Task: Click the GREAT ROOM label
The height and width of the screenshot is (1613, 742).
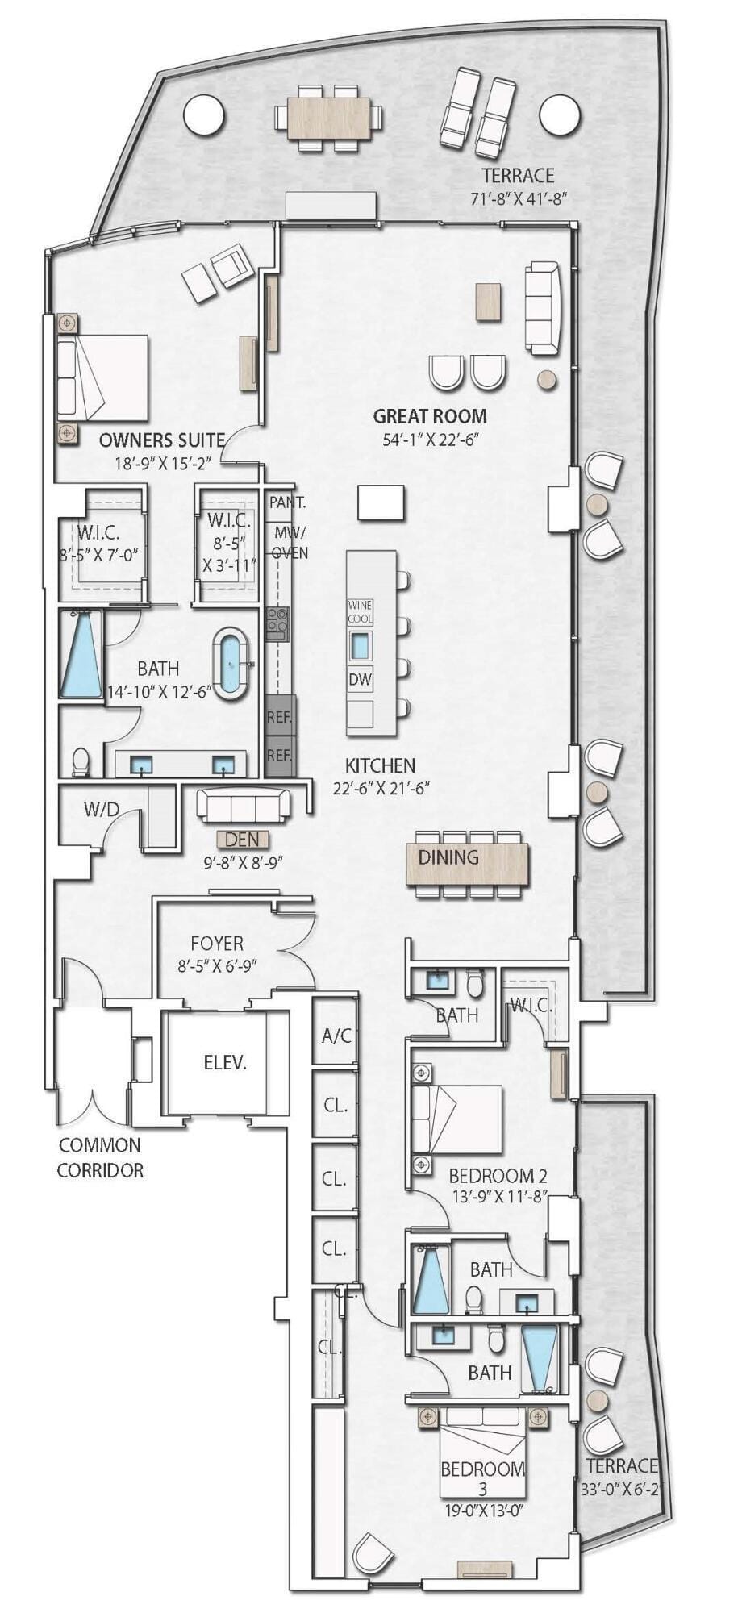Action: click(430, 416)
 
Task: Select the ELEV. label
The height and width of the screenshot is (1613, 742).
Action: click(225, 1062)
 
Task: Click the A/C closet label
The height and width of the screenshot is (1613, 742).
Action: click(336, 1036)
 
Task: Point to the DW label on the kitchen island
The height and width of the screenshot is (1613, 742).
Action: click(361, 679)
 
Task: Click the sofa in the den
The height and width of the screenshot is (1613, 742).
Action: click(243, 806)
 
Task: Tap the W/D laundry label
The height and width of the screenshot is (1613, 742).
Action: click(100, 809)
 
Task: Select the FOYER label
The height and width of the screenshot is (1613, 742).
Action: click(217, 943)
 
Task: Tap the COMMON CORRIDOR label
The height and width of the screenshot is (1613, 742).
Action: click(100, 1157)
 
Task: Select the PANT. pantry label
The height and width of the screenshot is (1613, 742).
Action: click(287, 502)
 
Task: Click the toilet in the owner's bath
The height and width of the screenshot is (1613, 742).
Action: click(81, 761)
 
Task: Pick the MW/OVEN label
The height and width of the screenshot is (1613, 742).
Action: click(290, 543)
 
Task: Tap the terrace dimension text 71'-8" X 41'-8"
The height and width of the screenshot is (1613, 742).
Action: click(518, 198)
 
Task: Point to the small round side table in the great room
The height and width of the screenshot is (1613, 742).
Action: click(548, 378)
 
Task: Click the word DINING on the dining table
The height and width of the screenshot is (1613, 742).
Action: click(448, 857)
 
